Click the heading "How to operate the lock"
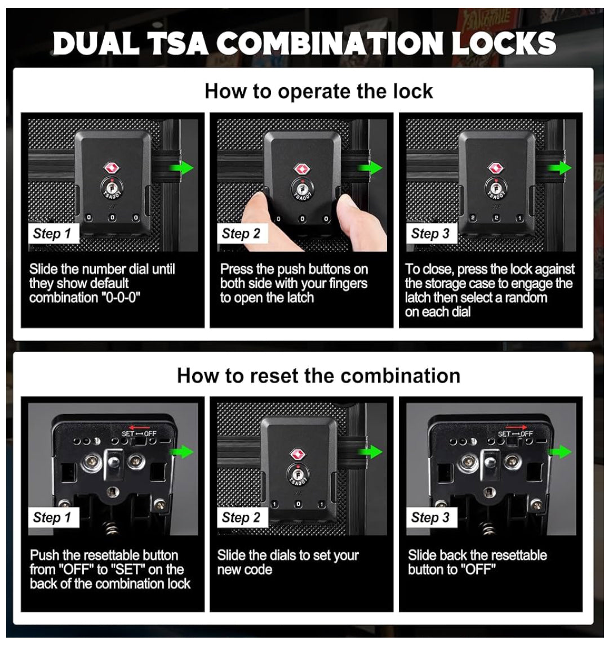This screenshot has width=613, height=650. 319,91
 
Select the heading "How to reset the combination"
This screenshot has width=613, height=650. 319,375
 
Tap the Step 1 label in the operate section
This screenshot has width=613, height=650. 52,234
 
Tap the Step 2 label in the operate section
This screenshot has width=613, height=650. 241,234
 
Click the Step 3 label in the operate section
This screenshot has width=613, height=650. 430,234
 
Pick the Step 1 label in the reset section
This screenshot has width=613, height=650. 52,517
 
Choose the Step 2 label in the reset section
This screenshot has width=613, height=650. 241,517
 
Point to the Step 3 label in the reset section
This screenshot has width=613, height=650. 430,517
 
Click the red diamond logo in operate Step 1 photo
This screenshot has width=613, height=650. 111,168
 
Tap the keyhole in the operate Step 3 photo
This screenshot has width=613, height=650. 495,186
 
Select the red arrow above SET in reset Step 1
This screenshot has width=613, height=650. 140,427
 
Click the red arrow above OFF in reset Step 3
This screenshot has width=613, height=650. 516,427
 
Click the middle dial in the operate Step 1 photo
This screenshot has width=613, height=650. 112,218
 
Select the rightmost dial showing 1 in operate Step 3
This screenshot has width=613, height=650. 519,218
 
